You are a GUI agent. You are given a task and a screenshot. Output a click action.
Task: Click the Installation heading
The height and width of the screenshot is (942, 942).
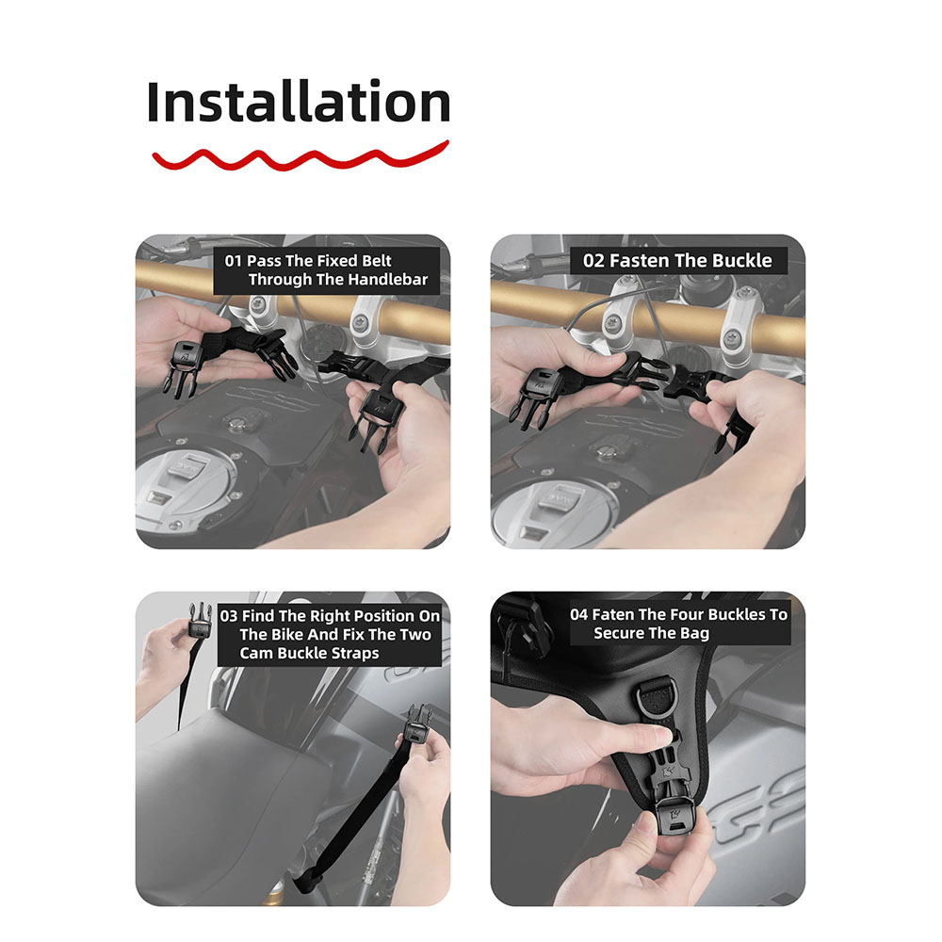(299, 102)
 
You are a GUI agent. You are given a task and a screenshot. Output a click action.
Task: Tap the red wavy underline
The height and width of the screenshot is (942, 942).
(300, 157)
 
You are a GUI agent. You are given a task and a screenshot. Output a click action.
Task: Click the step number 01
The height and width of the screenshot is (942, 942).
(233, 261)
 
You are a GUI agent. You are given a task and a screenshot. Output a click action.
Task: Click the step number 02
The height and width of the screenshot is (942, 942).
(593, 261)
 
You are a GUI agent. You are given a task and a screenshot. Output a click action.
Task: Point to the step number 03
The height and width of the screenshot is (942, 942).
(229, 616)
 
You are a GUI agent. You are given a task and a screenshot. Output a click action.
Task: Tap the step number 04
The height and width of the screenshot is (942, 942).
(579, 614)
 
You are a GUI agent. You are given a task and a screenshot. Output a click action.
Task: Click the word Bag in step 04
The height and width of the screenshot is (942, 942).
(695, 633)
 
